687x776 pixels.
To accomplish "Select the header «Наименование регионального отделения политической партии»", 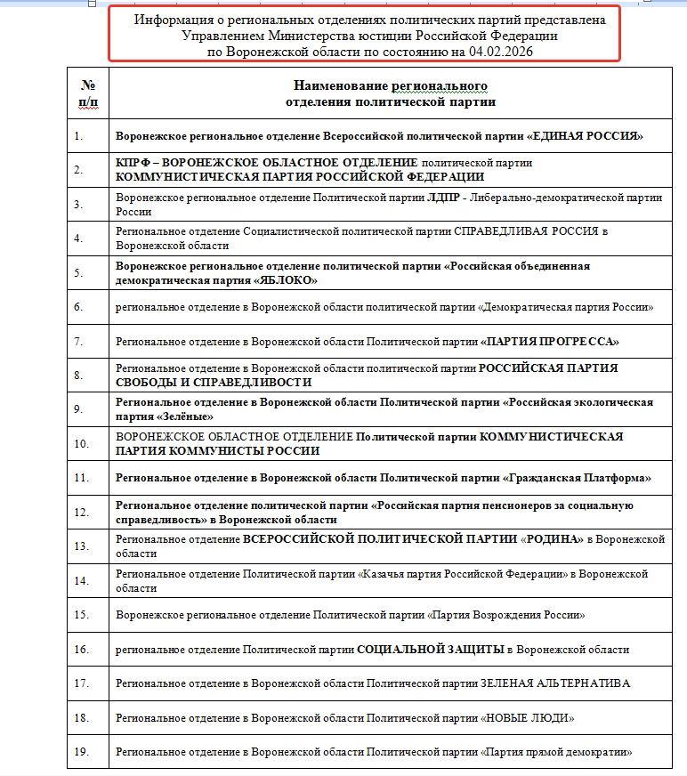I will pos(390,93).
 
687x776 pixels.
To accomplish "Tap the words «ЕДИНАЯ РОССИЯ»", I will pos(586,136).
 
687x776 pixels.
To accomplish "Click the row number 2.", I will pos(78,170).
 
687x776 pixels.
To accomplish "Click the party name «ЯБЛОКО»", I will pos(287,280).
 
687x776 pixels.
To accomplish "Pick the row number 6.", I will pos(78,307).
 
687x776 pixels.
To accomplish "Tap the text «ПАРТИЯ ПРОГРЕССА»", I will pos(550,342).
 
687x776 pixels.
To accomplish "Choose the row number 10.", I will pos(81,443).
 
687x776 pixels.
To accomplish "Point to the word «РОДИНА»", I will pos(555,539).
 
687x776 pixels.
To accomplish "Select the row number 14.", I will pos(81,581).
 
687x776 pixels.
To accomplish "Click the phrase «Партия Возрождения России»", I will pos(508,615).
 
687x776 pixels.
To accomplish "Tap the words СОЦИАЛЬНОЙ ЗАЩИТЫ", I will pos(431,650).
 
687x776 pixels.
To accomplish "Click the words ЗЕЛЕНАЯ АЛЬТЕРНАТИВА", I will pos(554,683).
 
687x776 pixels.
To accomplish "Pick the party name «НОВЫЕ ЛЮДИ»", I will pos(529,717).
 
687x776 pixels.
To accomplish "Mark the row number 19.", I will pos(81,752).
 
